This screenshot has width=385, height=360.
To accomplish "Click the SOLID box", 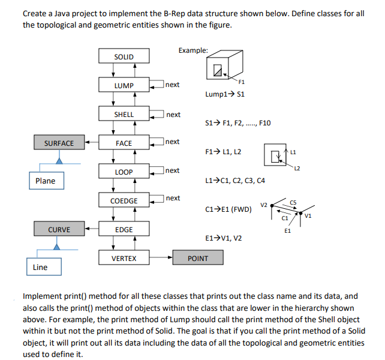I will point(124,57).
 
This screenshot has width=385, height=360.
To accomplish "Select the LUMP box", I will point(124,86).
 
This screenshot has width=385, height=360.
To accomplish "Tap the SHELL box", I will point(124,115).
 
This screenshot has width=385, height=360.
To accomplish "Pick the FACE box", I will point(124,143).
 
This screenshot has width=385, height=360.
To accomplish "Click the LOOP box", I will point(124,172).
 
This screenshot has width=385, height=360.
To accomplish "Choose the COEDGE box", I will point(124,201).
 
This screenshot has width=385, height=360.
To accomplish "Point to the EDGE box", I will point(124,230).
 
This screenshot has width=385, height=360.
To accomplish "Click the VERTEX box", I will point(124,259).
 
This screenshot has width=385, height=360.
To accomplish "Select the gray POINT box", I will point(198,259).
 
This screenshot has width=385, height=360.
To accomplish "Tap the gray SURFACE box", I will point(59,143).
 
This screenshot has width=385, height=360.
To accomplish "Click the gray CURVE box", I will point(59,230).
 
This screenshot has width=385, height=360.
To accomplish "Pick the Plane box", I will point(46,181).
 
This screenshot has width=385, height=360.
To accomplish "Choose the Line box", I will point(41,267).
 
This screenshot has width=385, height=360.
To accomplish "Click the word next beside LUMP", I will point(172,85).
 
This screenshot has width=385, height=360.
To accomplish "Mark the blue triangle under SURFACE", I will point(59,160).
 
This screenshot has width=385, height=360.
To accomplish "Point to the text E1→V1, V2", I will point(224,238).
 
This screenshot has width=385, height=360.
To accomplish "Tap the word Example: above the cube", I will point(193,50).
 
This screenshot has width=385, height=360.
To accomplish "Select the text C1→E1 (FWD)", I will point(228,209).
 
